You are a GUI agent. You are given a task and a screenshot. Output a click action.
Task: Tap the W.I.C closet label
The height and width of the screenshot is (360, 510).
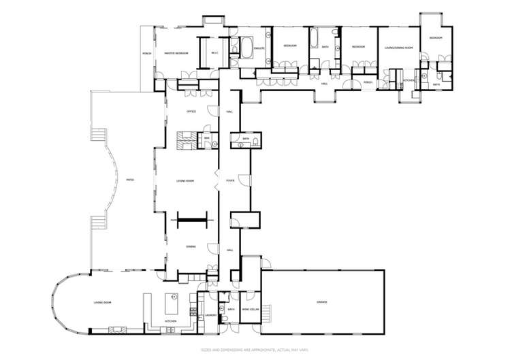pyautogui.click(x=213, y=52)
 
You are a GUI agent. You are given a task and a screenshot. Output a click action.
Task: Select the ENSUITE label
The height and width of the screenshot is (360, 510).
pyautogui.click(x=259, y=49)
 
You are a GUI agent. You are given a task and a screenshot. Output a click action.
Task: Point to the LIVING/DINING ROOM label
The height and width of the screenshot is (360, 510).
pyautogui.click(x=398, y=48)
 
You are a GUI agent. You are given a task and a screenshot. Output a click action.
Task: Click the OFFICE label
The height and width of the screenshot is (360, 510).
pyautogui.click(x=191, y=111)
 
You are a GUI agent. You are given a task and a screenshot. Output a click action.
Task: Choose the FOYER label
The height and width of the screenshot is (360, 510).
pyautogui.click(x=230, y=181)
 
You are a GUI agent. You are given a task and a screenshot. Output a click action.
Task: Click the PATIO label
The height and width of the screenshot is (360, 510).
pyautogui.click(x=129, y=180)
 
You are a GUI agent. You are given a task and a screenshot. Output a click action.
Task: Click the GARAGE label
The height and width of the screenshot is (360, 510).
pyautogui.click(x=321, y=301)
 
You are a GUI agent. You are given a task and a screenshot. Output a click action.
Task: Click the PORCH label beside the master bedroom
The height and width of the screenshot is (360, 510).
pyautogui.click(x=146, y=52)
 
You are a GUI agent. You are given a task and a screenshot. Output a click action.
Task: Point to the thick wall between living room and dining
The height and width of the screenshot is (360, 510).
pyautogui.click(x=191, y=219)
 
